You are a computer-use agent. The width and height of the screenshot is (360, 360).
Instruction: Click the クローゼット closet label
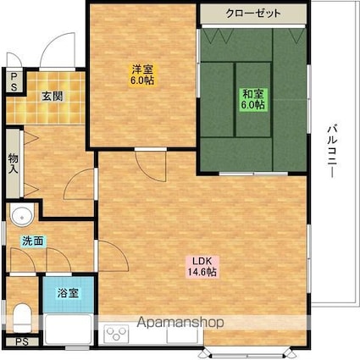click(x=253, y=14)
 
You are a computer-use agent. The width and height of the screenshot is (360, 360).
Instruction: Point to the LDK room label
click(x=202, y=261)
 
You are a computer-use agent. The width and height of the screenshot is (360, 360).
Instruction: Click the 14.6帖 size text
click(x=202, y=273)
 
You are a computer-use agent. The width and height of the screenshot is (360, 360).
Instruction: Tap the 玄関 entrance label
click(x=53, y=96)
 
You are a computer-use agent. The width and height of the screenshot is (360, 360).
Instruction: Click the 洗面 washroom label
click(x=33, y=241)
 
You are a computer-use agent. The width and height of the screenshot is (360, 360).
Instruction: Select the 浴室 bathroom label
click(x=68, y=293)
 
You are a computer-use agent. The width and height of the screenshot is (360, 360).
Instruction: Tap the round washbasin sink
click(x=21, y=213)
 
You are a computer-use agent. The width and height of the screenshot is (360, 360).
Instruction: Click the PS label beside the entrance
click(x=14, y=81)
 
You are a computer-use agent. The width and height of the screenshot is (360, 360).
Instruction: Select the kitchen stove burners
click(x=117, y=335)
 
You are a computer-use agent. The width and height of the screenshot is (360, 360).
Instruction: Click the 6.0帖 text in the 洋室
click(x=141, y=80)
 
